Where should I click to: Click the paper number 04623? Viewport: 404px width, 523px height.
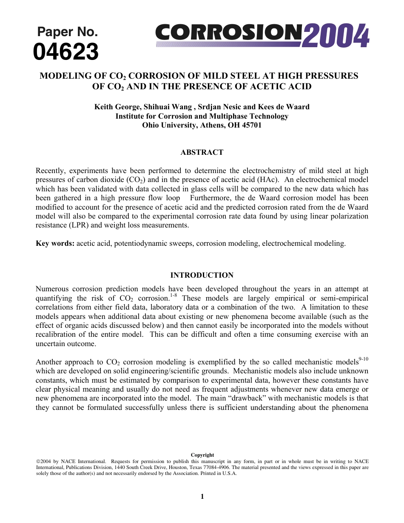(x=66, y=52)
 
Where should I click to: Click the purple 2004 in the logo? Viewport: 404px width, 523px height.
(x=336, y=36)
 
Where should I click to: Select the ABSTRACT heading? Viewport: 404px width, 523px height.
(x=202, y=152)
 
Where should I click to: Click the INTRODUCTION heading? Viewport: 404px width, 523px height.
(x=202, y=275)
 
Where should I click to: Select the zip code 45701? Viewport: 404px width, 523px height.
(x=252, y=125)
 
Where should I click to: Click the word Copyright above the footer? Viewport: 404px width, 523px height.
(x=202, y=455)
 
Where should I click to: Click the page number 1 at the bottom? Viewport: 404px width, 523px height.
(x=202, y=496)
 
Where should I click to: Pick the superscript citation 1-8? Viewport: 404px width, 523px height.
(x=174, y=295)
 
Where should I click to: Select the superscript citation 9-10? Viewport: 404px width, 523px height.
(x=364, y=359)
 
